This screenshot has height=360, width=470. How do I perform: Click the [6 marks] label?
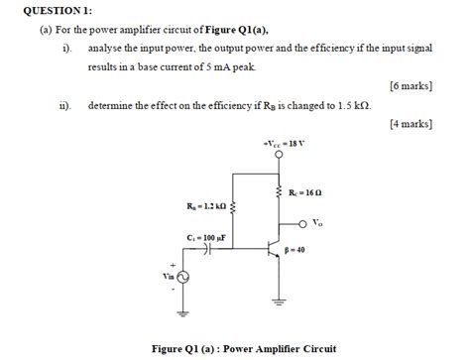[411, 86]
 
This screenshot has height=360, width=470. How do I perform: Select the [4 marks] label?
[411, 124]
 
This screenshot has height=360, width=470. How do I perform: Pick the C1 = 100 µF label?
[206, 238]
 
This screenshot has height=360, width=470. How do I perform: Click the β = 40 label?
[294, 250]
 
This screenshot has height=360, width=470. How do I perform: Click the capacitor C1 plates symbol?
[207, 252]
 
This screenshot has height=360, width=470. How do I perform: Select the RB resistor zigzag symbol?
[232, 206]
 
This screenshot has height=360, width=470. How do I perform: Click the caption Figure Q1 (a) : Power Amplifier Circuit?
[243, 348]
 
